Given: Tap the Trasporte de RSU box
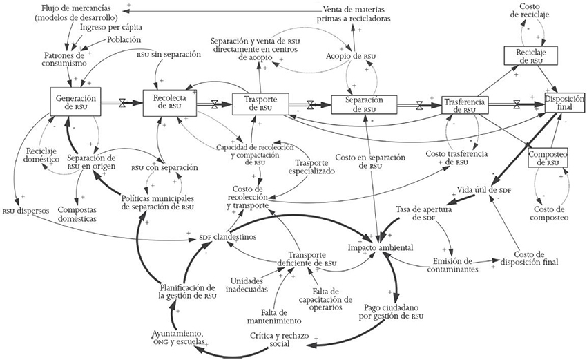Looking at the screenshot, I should (x=256, y=104).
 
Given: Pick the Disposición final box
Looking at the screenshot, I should (x=564, y=103).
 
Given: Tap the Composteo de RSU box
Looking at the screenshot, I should (x=548, y=158).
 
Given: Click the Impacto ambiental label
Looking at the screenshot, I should (x=381, y=247).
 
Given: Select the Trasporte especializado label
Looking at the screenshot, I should (x=311, y=166).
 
